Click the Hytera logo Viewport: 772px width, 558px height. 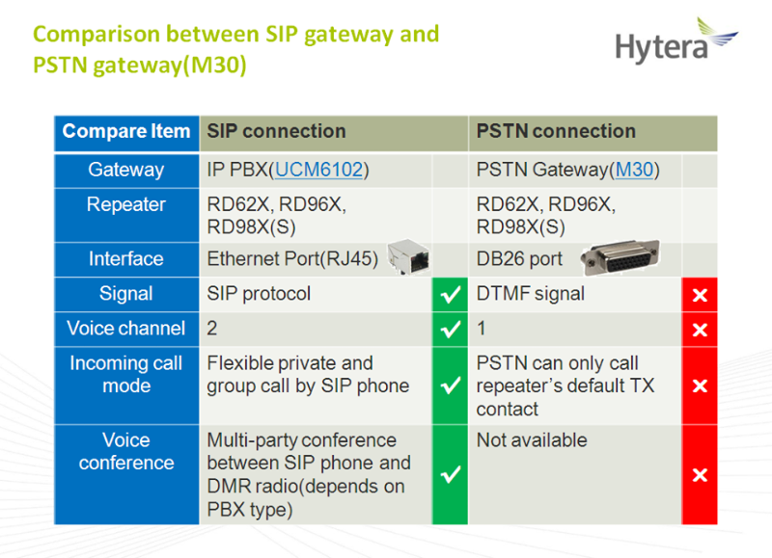coord(676,40)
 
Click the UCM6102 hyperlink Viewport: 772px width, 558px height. coord(319,170)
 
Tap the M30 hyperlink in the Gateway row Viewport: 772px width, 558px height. coord(634,170)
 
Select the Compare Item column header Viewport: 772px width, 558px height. coord(126,131)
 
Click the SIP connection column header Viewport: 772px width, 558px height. coord(276,131)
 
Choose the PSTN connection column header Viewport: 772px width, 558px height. coord(556,131)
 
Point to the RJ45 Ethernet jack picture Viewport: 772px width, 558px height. coord(408,256)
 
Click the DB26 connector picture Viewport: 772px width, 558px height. coord(620,257)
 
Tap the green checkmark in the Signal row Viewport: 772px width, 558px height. coord(450,295)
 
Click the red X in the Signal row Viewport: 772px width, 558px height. coord(700,295)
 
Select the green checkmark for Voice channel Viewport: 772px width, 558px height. coord(450,329)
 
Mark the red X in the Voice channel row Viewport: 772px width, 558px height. coord(700,330)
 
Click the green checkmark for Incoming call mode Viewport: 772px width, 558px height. coord(450,385)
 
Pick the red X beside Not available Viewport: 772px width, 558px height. coord(700,475)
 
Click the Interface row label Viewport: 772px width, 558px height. coord(126,258)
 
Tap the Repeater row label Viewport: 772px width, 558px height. coord(126,204)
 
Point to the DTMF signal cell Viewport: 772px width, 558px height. coord(530,294)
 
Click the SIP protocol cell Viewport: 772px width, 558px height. coord(259,294)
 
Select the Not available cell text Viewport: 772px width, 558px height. coord(532,440)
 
